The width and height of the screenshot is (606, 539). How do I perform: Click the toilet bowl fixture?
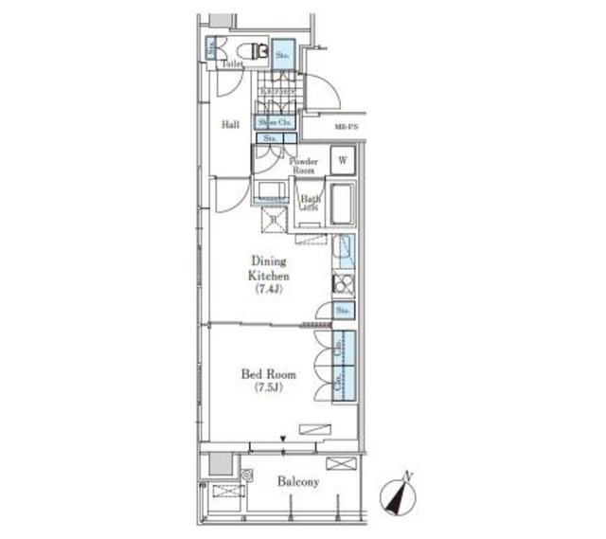click(x=255, y=50)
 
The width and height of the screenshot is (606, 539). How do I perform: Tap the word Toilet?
click(x=233, y=64)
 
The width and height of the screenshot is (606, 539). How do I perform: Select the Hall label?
click(x=230, y=124)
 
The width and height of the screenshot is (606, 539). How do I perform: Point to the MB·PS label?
click(x=345, y=126)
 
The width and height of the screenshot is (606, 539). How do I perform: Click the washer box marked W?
click(x=342, y=161)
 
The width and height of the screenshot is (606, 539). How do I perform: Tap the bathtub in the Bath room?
click(x=341, y=203)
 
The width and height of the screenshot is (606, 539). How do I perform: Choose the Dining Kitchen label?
click(x=269, y=267)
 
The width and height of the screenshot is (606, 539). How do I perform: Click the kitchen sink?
click(x=344, y=252)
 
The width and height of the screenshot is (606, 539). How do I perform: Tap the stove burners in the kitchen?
click(x=343, y=283)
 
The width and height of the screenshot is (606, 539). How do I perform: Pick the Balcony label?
click(x=298, y=482)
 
